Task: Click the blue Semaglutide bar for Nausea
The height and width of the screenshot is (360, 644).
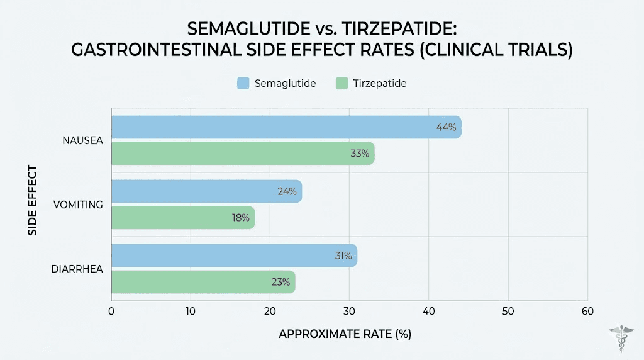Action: [286, 127]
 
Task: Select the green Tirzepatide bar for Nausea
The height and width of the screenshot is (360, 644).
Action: [243, 153]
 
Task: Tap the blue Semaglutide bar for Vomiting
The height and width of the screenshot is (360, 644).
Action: [206, 191]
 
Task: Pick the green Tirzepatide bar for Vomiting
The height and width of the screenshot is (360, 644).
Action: [183, 217]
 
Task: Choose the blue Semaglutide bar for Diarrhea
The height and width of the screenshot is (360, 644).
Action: [234, 256]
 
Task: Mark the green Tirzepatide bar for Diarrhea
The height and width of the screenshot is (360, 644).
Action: [203, 281]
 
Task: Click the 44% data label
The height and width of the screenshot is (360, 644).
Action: [446, 127]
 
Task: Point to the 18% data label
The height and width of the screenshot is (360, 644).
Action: [240, 218]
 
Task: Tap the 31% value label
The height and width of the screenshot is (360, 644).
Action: [343, 256]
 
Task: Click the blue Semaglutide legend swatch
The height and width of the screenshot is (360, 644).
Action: [244, 83]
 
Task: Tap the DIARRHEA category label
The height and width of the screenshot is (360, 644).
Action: [77, 269]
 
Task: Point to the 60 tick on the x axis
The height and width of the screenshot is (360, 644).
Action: [587, 311]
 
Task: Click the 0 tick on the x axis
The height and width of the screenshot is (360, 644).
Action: [111, 311]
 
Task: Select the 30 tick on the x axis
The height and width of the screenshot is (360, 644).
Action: [349, 311]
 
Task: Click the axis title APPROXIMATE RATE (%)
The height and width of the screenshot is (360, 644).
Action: [345, 334]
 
